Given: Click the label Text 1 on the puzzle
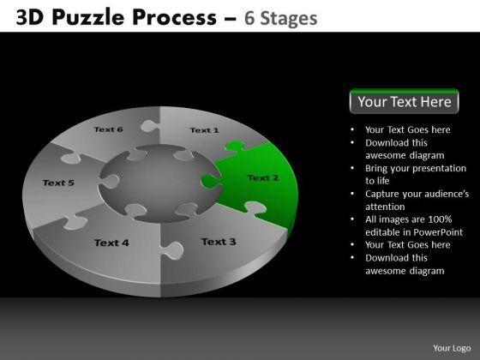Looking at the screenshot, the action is [204, 130].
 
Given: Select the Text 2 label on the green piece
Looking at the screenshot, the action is [263, 178].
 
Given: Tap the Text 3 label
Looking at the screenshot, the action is [219, 242].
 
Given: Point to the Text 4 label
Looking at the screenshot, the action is [111, 243].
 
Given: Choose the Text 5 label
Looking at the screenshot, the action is [58, 183].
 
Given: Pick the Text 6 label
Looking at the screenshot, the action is [108, 129].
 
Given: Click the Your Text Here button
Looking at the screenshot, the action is [404, 101].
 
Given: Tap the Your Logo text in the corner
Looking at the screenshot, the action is [452, 348].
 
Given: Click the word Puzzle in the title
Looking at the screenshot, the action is [90, 17].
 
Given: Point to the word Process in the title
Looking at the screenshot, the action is [175, 17].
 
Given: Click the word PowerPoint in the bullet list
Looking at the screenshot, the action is [438, 232].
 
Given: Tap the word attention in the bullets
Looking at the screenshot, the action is [385, 207].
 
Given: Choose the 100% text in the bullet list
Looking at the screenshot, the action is [440, 219].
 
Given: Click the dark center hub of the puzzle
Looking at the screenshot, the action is [160, 183].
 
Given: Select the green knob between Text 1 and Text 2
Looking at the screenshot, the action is [235, 146].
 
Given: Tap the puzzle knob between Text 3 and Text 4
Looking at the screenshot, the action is [171, 250].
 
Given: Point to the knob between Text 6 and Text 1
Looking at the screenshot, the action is [150, 126].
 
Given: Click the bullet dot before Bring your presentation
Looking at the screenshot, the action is [352, 168].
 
